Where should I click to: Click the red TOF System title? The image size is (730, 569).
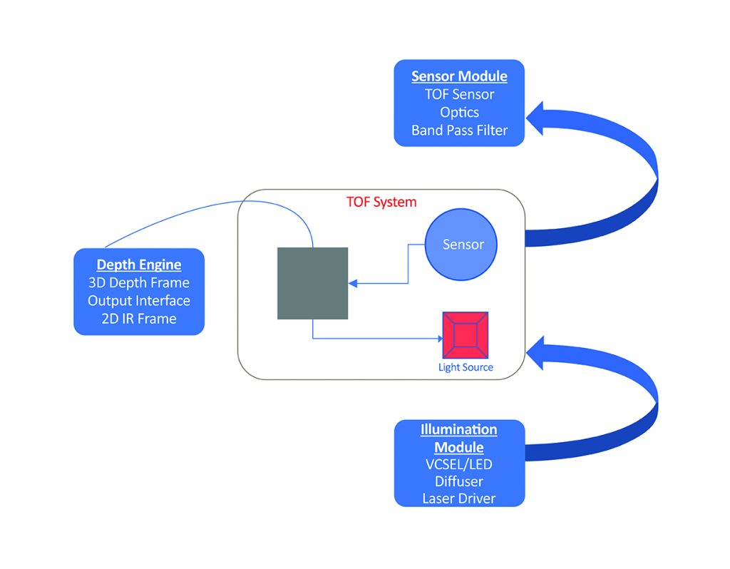381,202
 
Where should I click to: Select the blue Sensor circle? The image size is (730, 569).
461,245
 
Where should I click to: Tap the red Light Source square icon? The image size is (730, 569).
465,334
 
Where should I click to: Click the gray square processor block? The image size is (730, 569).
312,283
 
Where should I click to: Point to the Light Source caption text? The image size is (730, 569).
465,368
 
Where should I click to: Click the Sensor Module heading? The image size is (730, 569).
459,76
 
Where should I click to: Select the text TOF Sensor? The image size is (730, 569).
459,94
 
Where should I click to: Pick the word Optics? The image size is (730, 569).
459,113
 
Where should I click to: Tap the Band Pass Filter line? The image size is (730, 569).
459,130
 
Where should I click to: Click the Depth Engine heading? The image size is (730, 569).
139,265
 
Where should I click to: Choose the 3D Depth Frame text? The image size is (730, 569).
139,283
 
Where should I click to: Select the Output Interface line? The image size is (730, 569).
139,301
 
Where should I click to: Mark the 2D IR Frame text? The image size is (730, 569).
139,319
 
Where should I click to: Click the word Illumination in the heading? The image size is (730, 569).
459,429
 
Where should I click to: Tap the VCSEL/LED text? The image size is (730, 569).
459,464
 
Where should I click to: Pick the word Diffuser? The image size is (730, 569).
459,481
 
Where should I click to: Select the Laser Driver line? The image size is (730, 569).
459,498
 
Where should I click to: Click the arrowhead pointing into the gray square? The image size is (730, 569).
353,283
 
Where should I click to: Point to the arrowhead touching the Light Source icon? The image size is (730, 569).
437,338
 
